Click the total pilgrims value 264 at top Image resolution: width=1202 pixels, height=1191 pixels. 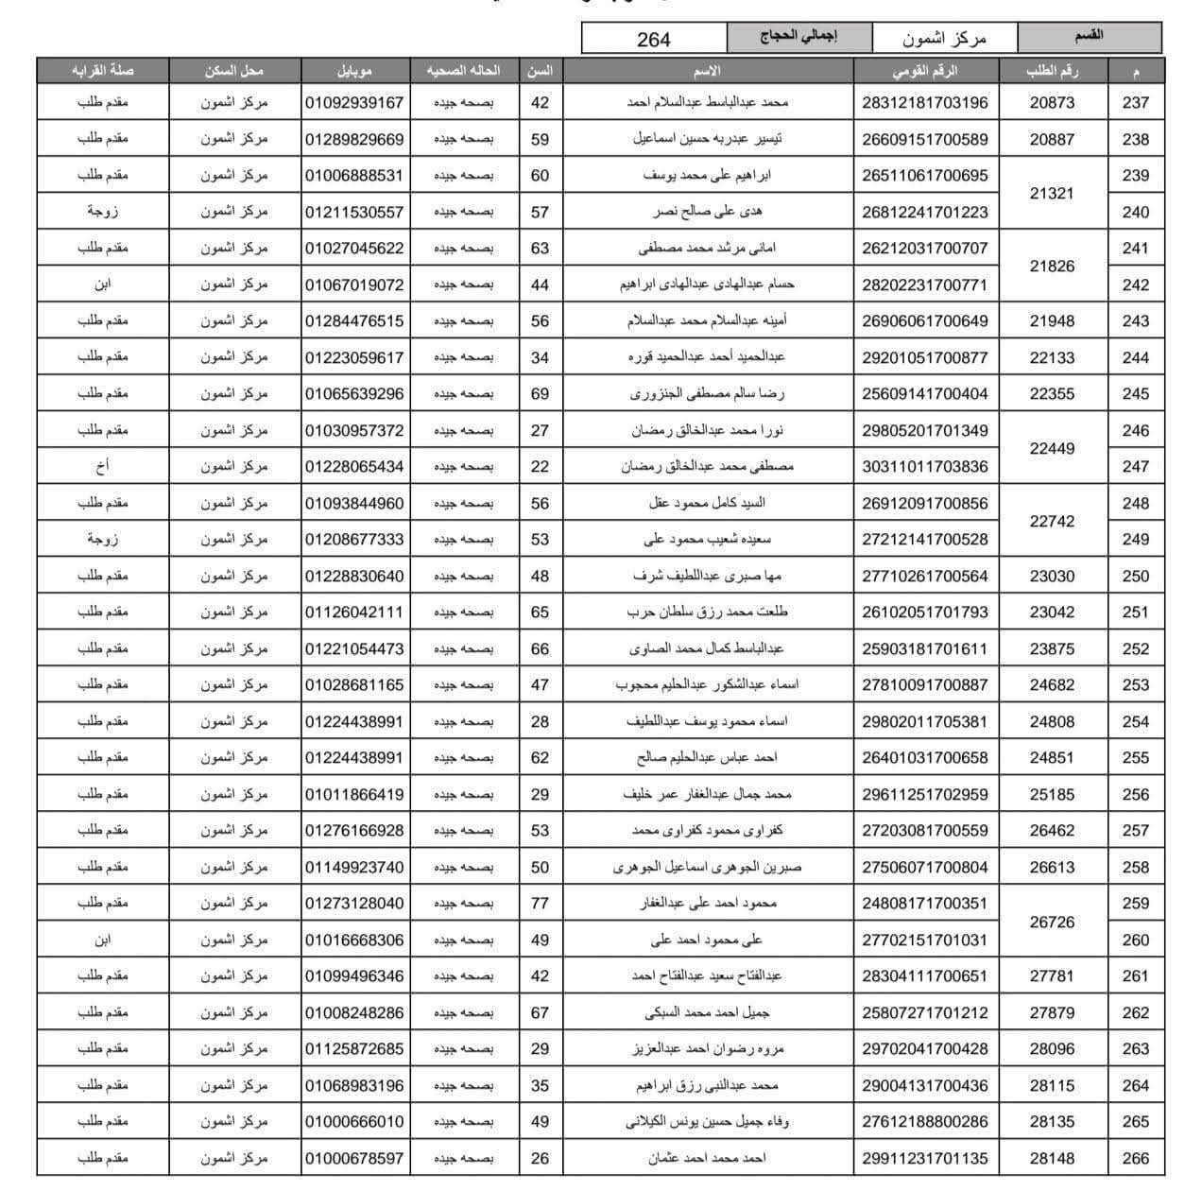click(x=653, y=39)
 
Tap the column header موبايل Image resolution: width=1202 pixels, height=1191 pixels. click(x=354, y=71)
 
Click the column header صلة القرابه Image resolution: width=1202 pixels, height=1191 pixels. click(x=102, y=71)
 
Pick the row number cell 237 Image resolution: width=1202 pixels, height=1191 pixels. click(x=1135, y=103)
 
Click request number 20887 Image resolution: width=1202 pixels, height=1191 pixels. click(x=1052, y=139)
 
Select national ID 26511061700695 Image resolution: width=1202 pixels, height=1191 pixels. click(x=924, y=176)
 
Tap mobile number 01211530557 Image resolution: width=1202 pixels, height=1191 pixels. click(x=354, y=212)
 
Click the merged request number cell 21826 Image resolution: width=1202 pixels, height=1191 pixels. click(x=1052, y=267)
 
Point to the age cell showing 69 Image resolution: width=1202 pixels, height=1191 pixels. click(x=540, y=394)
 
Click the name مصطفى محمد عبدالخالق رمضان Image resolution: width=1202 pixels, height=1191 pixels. click(x=707, y=467)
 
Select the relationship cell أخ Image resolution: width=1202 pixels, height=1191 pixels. click(x=102, y=467)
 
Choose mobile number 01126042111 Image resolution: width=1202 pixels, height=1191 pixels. click(x=354, y=613)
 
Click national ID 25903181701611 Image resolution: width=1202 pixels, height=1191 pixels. click(x=924, y=649)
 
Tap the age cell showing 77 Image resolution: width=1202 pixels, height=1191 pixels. click(x=540, y=904)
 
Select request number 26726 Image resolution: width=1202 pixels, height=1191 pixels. click(x=1052, y=922)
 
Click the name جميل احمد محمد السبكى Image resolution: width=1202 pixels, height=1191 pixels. click(x=707, y=1013)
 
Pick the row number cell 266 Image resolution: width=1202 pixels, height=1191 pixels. click(x=1135, y=1158)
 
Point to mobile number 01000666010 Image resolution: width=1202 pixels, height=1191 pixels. click(x=354, y=1122)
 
